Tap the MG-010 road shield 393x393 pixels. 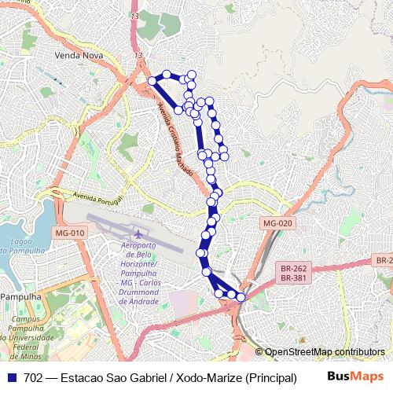click(71, 233)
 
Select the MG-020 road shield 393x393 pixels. click(277, 223)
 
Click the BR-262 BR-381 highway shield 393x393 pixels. click(293, 273)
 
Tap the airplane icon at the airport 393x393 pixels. click(139, 234)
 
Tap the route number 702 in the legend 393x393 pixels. click(33, 377)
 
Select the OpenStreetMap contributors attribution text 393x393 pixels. click(325, 351)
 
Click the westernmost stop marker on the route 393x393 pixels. click(152, 80)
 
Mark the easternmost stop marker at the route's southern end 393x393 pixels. click(241, 297)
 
